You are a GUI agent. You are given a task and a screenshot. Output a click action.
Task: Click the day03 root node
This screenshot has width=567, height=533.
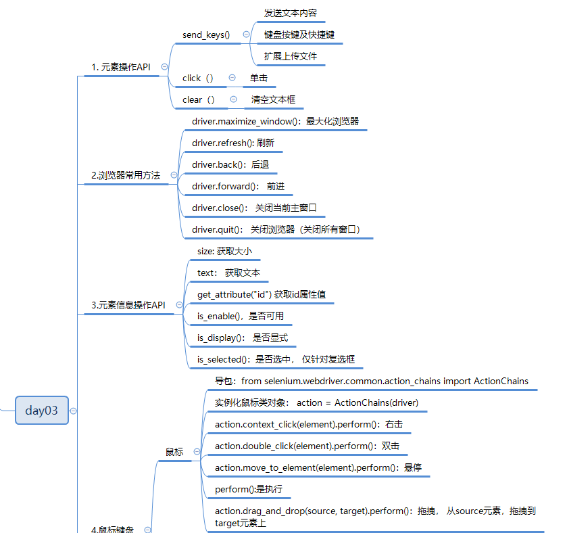[x=42, y=410]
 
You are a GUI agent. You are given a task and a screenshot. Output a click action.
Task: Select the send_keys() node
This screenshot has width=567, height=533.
[x=206, y=34]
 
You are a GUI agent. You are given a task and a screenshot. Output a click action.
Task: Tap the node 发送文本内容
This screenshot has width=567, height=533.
[x=291, y=13]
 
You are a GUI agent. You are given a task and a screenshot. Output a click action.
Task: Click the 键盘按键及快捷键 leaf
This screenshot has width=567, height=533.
[x=299, y=34]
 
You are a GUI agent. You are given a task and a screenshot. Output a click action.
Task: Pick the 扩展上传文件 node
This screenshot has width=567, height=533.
[x=291, y=56]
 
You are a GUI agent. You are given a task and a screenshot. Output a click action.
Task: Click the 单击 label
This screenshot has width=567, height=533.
[x=258, y=78]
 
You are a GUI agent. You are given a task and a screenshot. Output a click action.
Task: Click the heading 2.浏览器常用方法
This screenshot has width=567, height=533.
[x=126, y=175]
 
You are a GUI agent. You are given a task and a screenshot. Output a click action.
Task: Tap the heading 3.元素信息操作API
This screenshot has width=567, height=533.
[x=128, y=305]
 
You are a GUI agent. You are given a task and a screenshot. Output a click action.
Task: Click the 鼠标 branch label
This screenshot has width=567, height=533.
[x=174, y=451]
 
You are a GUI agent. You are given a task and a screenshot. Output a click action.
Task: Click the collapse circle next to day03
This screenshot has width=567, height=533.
[x=73, y=411]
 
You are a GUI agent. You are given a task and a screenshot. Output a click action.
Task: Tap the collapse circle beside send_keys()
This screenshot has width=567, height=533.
[x=246, y=34]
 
